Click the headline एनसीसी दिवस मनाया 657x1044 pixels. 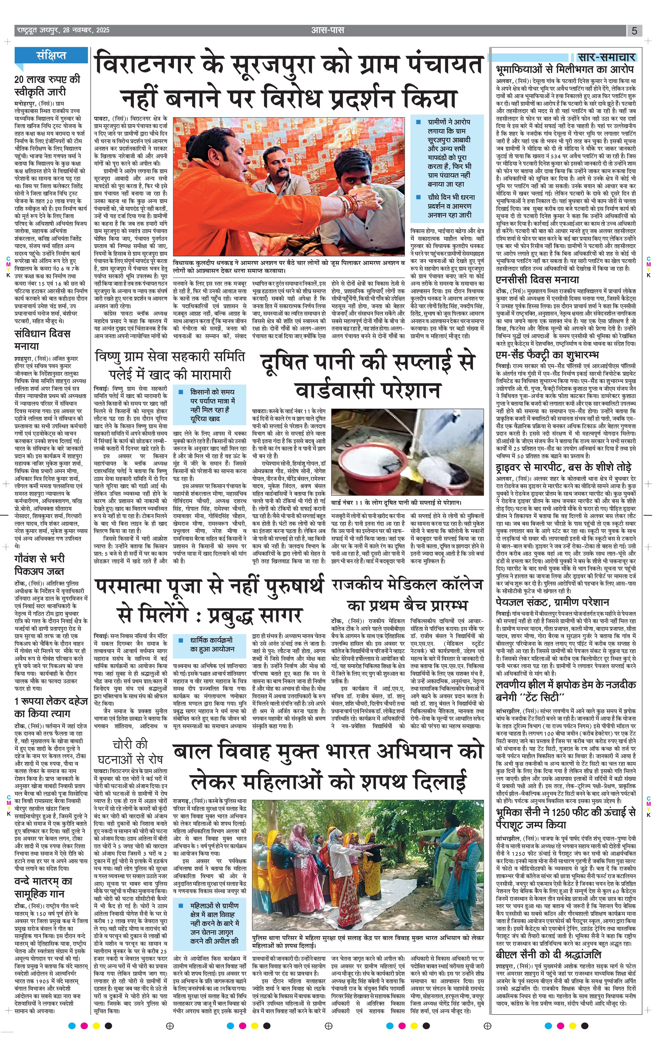pyautogui.click(x=537, y=280)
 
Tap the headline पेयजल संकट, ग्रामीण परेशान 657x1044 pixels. pyautogui.click(x=552, y=602)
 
